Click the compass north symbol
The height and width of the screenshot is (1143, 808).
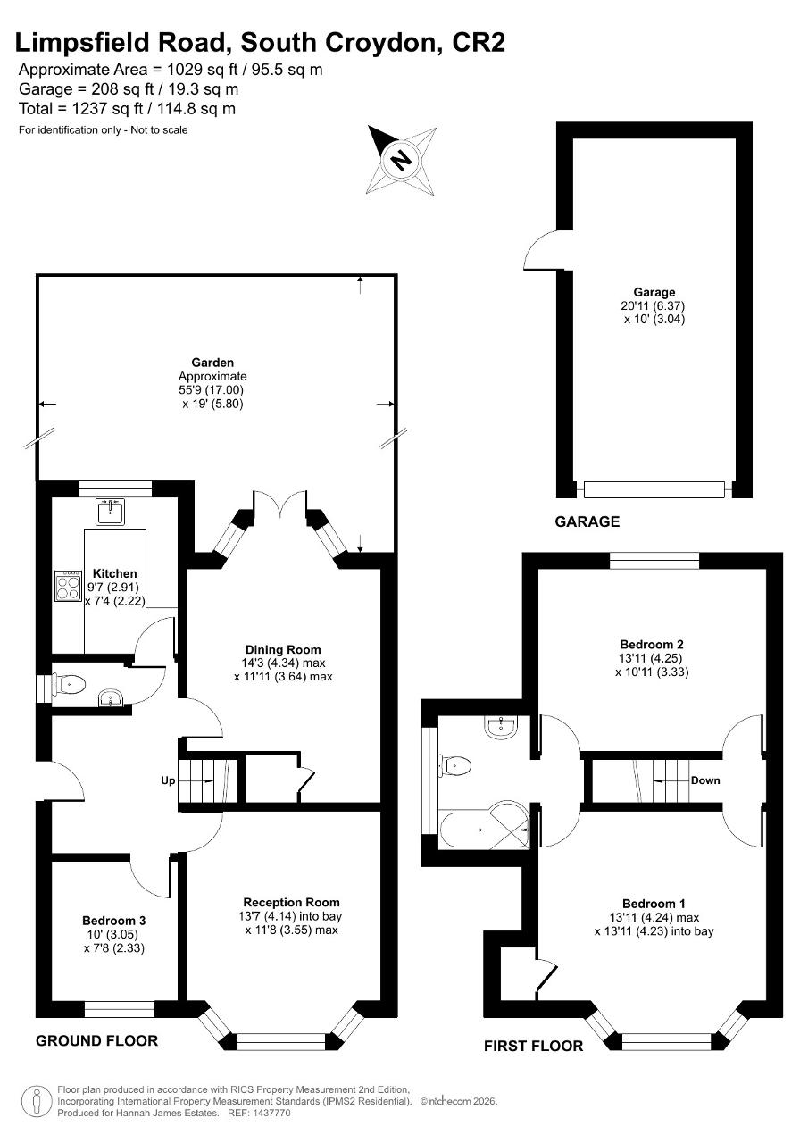click(402, 160)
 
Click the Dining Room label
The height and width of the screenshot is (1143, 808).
click(283, 649)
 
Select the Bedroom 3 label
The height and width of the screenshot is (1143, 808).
click(113, 921)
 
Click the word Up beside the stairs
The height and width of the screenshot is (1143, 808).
click(168, 780)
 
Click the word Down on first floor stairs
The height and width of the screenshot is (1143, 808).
click(704, 780)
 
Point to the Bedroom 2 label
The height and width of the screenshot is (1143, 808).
click(652, 644)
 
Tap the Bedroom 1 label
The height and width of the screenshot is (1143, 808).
click(654, 904)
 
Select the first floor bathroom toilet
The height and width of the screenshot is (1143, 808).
click(458, 764)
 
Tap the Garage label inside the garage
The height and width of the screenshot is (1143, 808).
click(654, 292)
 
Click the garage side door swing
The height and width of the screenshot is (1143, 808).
click(541, 250)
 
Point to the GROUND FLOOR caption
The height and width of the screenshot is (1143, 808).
click(96, 1040)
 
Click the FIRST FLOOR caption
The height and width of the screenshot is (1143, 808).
click(533, 1046)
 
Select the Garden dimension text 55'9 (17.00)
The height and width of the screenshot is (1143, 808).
click(211, 390)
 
